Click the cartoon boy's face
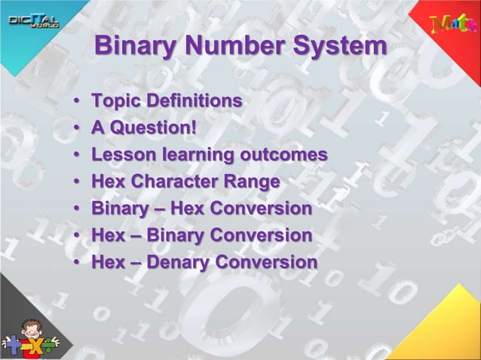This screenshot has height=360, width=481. click(x=29, y=331)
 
